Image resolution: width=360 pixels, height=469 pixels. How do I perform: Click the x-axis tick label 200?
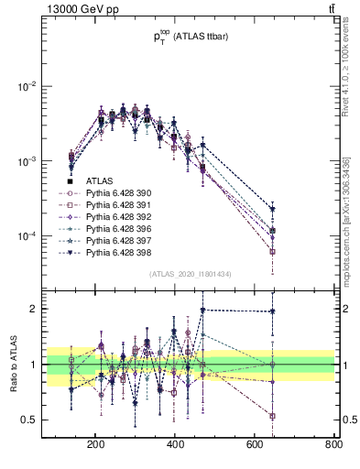[95, 445]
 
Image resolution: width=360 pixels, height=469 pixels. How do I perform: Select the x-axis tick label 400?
[175, 445]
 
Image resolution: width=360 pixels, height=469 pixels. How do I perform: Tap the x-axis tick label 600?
[255, 445]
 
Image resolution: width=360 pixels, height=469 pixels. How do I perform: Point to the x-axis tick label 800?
[333, 445]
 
